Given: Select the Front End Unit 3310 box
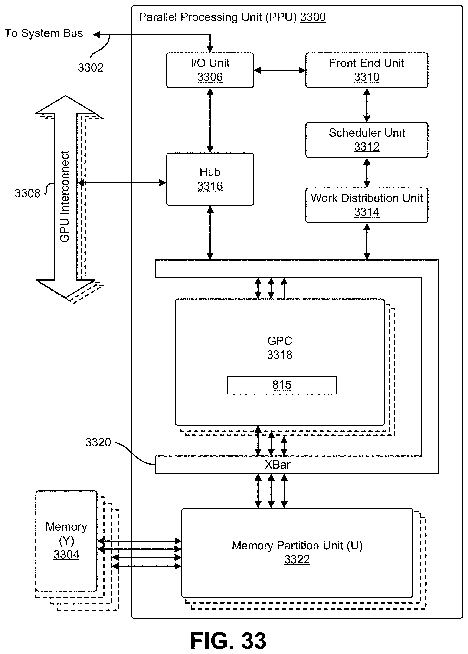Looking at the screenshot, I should point(367,70).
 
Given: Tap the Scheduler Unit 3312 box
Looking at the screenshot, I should point(367,140).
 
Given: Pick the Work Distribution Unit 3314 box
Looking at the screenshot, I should point(367,205).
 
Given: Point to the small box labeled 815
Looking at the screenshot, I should point(281,385).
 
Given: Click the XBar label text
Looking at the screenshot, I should point(277,465).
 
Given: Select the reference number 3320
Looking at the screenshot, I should point(98,442).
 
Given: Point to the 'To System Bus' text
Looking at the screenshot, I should point(44,33).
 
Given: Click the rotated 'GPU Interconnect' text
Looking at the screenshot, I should point(65,196).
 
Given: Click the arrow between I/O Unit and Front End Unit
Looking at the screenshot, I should point(280,70).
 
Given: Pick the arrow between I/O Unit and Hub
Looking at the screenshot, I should point(210,120).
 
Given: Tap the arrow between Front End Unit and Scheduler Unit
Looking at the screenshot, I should point(367,105).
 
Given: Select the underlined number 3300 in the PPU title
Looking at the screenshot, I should point(313,17).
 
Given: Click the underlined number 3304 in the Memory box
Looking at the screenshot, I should point(66,555).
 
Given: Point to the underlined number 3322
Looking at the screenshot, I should point(297,559).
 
